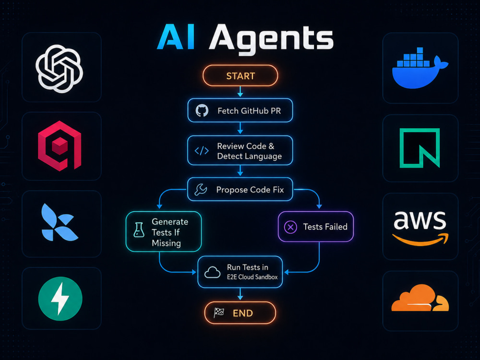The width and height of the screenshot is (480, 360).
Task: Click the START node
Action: (x=240, y=76)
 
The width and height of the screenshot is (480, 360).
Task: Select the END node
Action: (x=240, y=313)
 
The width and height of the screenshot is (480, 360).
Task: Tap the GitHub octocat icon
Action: (x=202, y=110)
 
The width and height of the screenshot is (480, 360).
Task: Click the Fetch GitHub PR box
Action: (x=240, y=110)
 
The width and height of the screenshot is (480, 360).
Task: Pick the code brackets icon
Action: (x=202, y=151)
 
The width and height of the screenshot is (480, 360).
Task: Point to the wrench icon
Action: (x=201, y=190)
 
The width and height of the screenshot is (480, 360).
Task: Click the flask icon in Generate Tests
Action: (x=139, y=229)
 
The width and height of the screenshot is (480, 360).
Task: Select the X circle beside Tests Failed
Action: (x=290, y=227)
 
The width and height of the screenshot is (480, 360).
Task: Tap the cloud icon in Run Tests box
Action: (x=212, y=272)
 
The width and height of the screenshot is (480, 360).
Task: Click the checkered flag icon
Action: (x=219, y=312)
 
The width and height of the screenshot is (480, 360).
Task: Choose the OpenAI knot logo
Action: (x=60, y=69)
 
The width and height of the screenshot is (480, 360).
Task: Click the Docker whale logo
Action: (x=420, y=68)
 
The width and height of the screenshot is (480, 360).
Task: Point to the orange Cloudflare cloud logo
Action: (x=420, y=298)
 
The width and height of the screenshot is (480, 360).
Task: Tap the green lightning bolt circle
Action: (x=60, y=299)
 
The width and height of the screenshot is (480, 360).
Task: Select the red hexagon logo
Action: (x=60, y=146)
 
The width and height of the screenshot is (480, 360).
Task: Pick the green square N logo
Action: (x=420, y=148)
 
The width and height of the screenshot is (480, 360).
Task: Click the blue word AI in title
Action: (x=176, y=37)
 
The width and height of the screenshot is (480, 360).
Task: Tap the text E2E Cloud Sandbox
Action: (x=252, y=277)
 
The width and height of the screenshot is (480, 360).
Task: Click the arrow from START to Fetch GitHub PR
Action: (x=240, y=92)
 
